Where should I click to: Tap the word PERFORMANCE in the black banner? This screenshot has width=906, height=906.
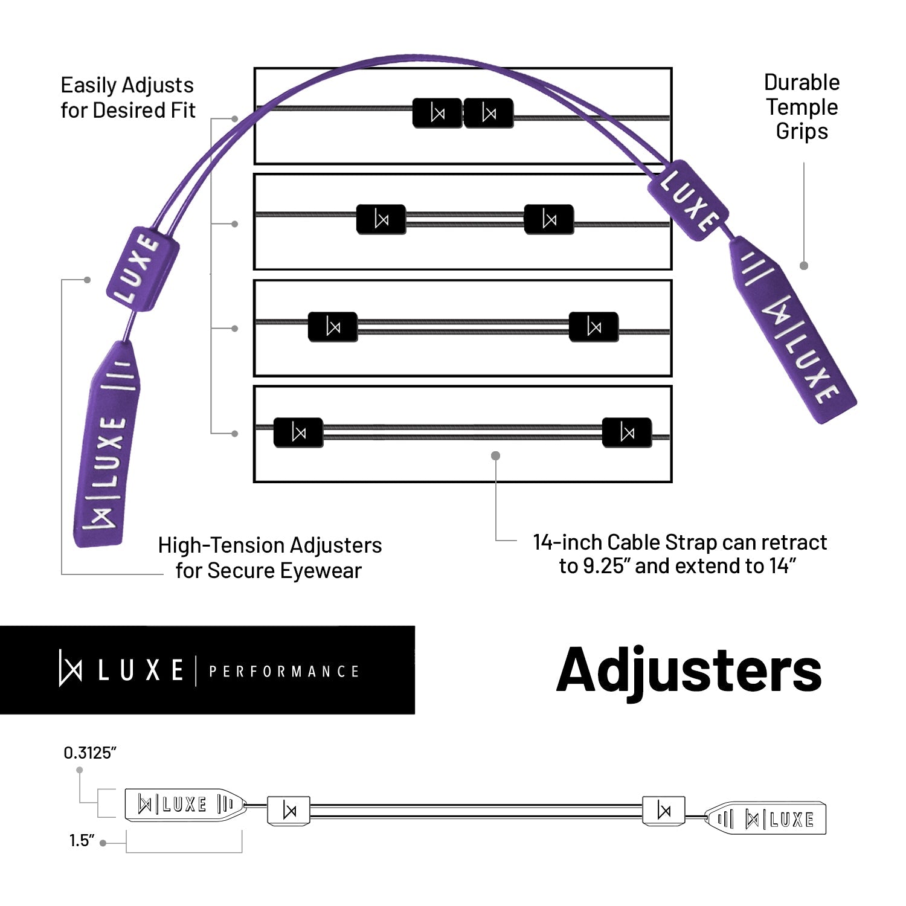pos(284,672)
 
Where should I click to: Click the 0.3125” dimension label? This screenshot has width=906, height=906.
pos(89,753)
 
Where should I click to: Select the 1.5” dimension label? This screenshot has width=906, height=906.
pos(82,840)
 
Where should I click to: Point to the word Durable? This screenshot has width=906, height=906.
pos(802,82)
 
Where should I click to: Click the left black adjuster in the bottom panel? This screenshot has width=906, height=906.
pos(298,432)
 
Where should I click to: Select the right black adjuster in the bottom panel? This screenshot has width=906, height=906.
pos(627,432)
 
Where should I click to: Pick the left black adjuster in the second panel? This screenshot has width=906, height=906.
pos(381,219)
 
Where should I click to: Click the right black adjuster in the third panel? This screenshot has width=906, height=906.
pos(594,327)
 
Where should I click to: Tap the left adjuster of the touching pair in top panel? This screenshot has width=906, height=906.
pos(437,113)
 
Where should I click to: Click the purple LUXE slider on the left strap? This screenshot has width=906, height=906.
pos(143,269)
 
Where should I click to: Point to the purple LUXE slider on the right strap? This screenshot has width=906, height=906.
pos(688,200)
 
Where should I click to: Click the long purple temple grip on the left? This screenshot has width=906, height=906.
pos(108,444)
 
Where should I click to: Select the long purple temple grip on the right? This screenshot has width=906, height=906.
pos(794,330)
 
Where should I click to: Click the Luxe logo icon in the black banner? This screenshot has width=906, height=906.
pos(70,669)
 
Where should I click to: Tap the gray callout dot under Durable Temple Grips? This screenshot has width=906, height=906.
pos(804,266)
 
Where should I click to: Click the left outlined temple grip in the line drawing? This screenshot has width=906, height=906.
pos(185,804)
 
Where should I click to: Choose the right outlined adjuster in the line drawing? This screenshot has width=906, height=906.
pos(664,811)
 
